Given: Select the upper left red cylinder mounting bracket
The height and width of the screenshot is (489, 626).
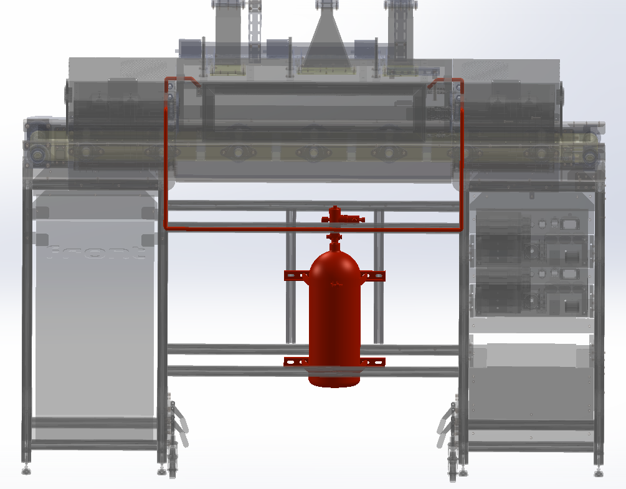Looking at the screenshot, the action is click(296, 275).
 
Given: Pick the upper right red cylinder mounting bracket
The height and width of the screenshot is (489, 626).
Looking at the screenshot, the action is click(373, 275).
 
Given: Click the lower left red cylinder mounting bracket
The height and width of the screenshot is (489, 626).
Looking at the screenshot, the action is click(296, 362).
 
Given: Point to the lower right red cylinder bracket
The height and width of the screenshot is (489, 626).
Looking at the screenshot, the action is click(372, 362).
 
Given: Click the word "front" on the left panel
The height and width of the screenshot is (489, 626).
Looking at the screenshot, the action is click(96, 252).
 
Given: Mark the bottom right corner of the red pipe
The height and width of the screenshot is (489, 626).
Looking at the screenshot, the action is click(461, 229).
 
